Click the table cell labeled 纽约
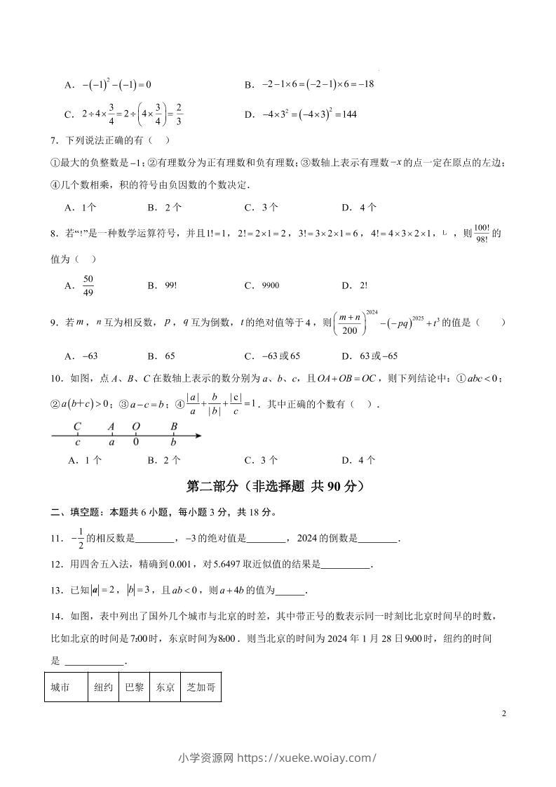point(104,687)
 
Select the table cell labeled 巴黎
point(134,687)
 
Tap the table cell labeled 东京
point(165,687)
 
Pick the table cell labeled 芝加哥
point(200,687)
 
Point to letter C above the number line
point(77,425)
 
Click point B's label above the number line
point(174,425)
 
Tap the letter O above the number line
point(136,425)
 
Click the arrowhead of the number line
point(199,436)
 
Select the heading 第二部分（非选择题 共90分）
point(277,486)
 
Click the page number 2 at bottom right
point(503,713)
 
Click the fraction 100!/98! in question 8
point(481,234)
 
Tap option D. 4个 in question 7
point(359,207)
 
